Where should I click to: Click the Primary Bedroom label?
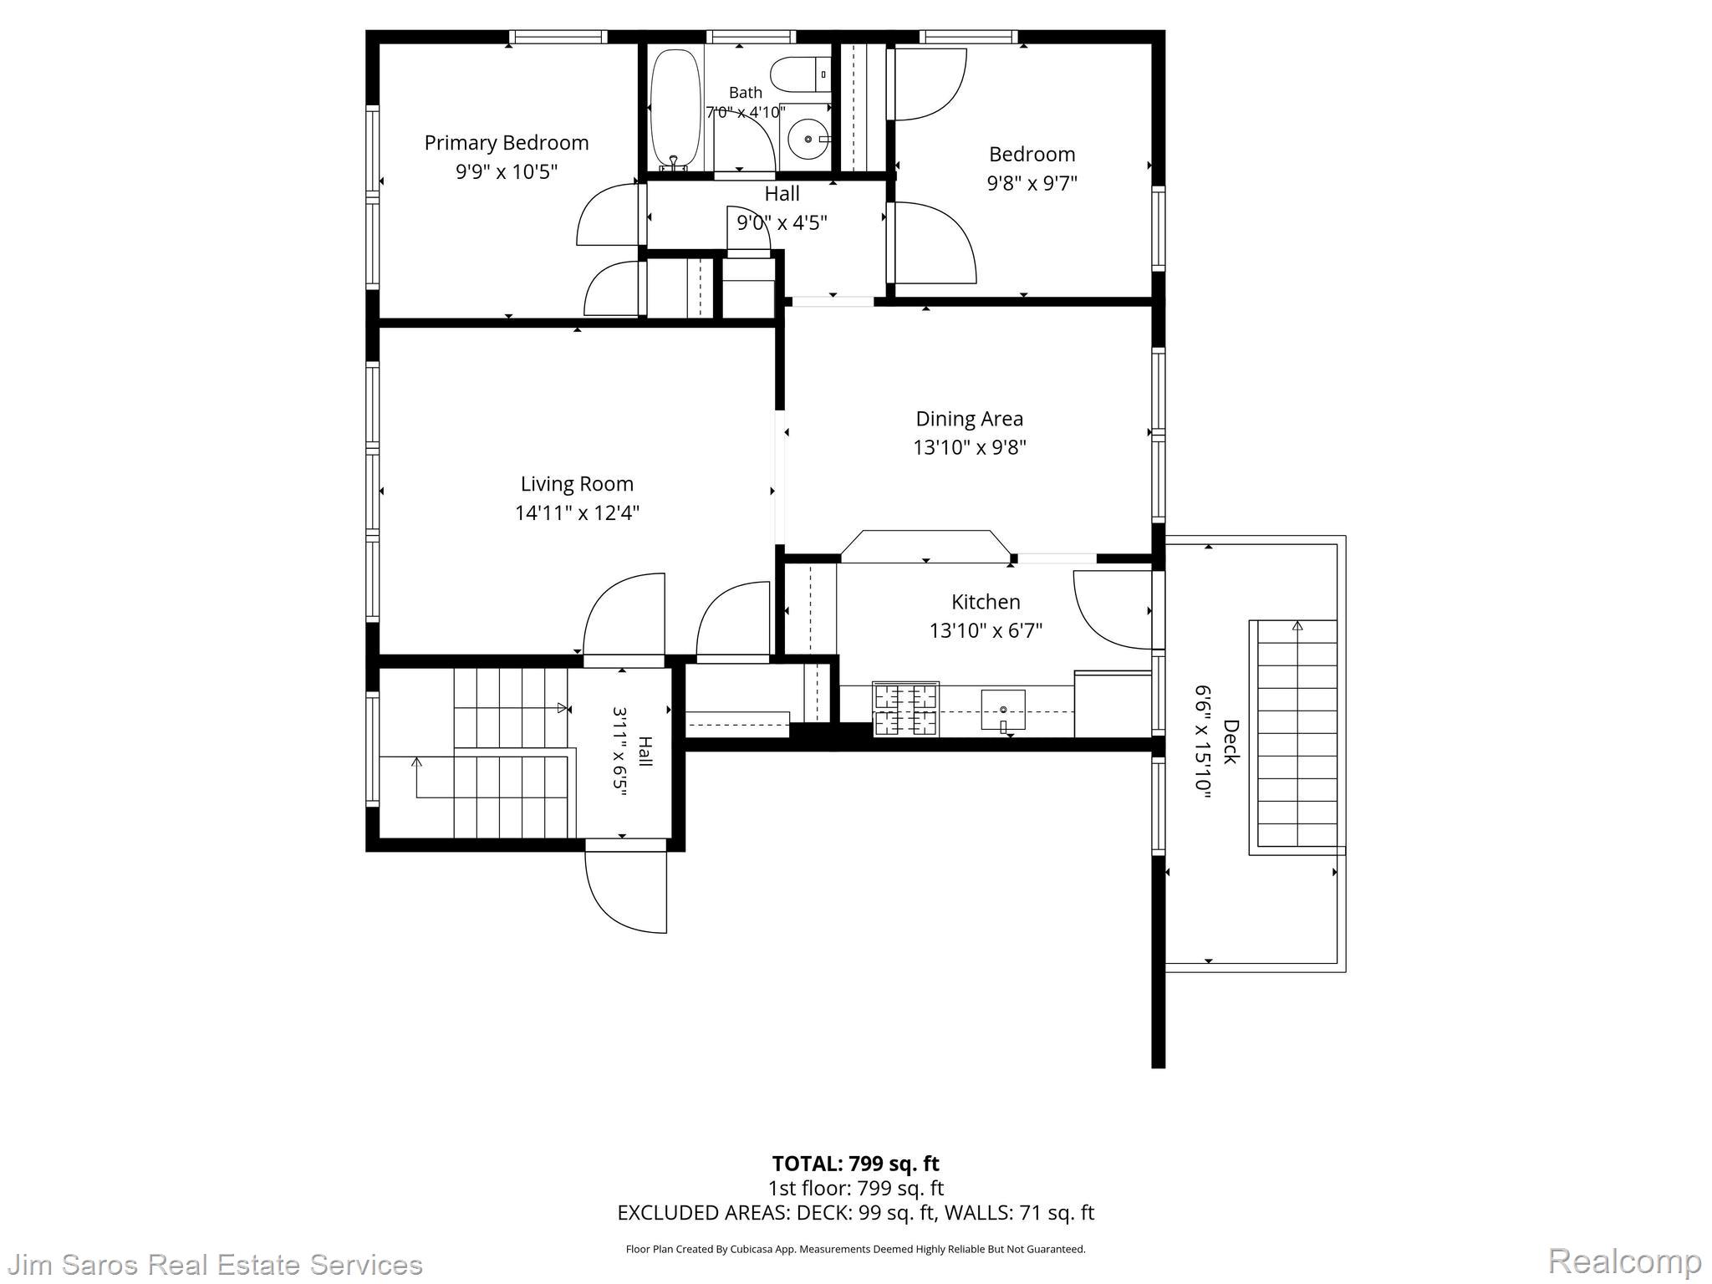coord(507,144)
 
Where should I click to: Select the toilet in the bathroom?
coord(800,75)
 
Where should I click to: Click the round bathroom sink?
coord(808,140)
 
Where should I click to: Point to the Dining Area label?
coord(969,419)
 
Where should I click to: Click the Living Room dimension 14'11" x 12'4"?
coord(577,512)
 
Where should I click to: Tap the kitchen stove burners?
coord(905,709)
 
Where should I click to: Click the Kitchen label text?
coord(986,602)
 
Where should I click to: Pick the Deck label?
coord(1230,741)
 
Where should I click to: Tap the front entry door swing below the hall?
coord(626,891)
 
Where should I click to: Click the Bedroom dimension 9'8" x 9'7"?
coord(1032,183)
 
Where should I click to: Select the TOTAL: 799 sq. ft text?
coord(855,1164)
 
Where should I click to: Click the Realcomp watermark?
coord(1624,1261)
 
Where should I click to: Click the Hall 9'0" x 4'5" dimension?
coord(782,223)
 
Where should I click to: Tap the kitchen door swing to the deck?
coord(1113,609)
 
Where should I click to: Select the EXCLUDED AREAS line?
coord(855,1213)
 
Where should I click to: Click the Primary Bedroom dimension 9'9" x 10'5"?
coord(507,172)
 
